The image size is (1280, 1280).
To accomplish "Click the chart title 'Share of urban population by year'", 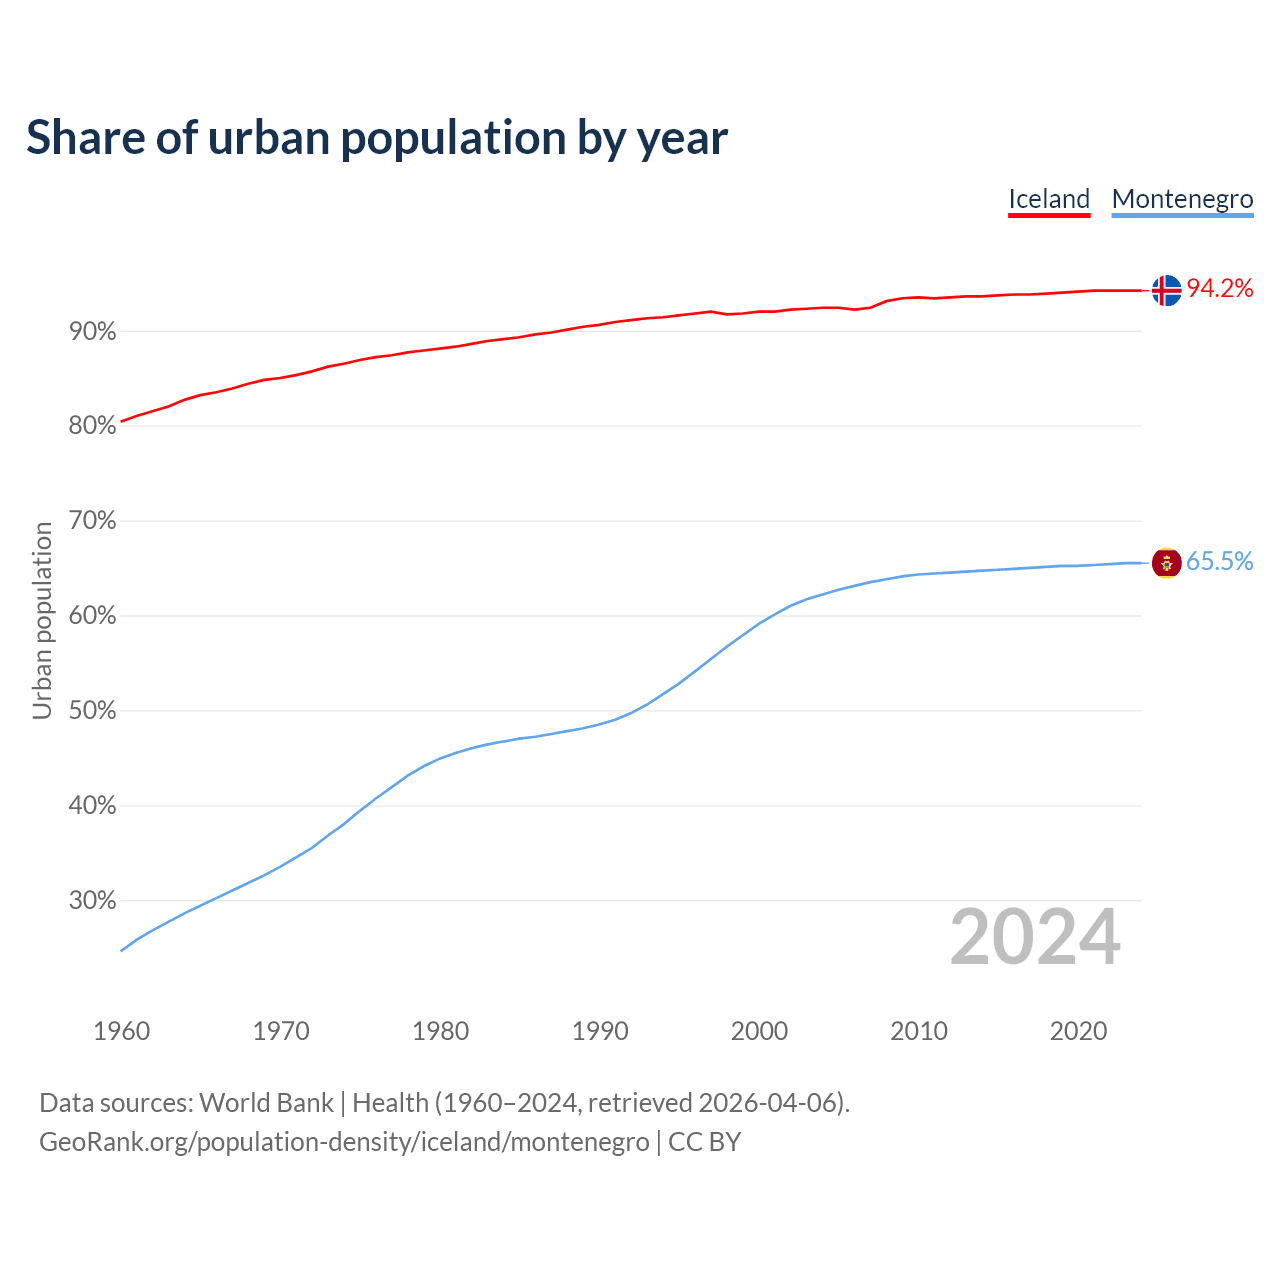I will pyautogui.click(x=377, y=138).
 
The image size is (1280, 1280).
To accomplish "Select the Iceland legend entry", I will pyautogui.click(x=1048, y=199).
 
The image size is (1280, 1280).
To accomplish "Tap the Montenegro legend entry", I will pyautogui.click(x=1182, y=199).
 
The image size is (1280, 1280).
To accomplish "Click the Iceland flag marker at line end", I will pyautogui.click(x=1166, y=290).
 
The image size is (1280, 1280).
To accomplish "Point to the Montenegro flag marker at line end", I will pyautogui.click(x=1166, y=563).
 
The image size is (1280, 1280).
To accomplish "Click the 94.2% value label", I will pyautogui.click(x=1220, y=289).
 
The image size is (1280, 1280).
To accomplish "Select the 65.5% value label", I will pyautogui.click(x=1220, y=562).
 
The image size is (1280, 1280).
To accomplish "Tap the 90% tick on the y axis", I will pyautogui.click(x=93, y=331).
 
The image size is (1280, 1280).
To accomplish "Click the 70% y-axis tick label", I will pyautogui.click(x=93, y=521).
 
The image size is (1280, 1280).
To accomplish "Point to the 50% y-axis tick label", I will pyautogui.click(x=93, y=711).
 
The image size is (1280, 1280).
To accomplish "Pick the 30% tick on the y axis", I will pyautogui.click(x=93, y=901).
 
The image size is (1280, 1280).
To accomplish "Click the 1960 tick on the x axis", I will pyautogui.click(x=122, y=1031).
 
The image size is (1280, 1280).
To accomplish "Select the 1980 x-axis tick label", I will pyautogui.click(x=441, y=1031).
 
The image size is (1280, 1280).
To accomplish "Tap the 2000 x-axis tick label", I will pyautogui.click(x=760, y=1031).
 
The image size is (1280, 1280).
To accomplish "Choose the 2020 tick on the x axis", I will pyautogui.click(x=1078, y=1031).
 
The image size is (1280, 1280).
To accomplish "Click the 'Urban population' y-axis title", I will pyautogui.click(x=42, y=620).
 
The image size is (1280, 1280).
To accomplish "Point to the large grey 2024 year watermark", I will pyautogui.click(x=1035, y=938).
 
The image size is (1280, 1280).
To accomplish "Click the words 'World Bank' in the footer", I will pyautogui.click(x=266, y=1103).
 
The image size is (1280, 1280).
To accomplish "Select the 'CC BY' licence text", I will pyautogui.click(x=704, y=1142).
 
